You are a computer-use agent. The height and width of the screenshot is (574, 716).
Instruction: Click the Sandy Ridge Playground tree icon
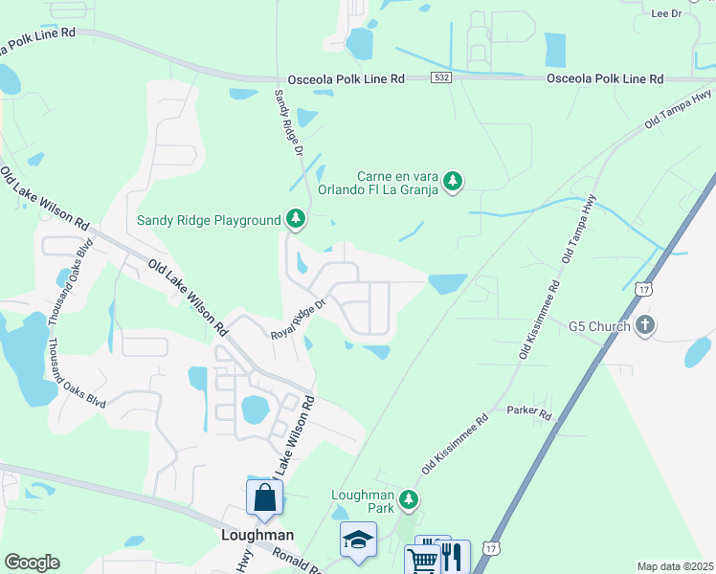[x=297, y=220]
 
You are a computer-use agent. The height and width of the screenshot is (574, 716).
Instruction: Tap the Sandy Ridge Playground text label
[x=209, y=221]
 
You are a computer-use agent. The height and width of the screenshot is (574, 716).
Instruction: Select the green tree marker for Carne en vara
[x=454, y=181]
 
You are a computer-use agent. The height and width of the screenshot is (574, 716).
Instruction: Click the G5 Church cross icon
[x=646, y=326]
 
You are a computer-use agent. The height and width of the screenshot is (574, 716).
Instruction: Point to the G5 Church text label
[x=599, y=326]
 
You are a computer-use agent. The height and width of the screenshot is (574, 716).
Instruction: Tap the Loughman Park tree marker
[x=409, y=499]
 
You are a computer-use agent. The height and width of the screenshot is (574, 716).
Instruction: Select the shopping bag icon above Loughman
[x=264, y=497]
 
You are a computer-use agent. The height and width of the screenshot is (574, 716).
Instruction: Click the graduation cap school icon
[x=359, y=540]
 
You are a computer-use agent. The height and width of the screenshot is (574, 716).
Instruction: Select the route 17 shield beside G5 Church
[x=643, y=288]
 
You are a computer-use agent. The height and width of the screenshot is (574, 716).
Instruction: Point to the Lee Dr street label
[x=666, y=14]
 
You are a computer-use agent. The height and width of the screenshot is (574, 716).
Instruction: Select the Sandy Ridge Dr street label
[x=288, y=124]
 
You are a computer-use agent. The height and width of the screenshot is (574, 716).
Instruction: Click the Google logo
[x=32, y=562]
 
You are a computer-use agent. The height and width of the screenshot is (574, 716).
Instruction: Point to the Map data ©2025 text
[x=676, y=566]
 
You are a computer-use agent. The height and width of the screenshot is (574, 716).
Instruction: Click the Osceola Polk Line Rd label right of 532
[x=604, y=79]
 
